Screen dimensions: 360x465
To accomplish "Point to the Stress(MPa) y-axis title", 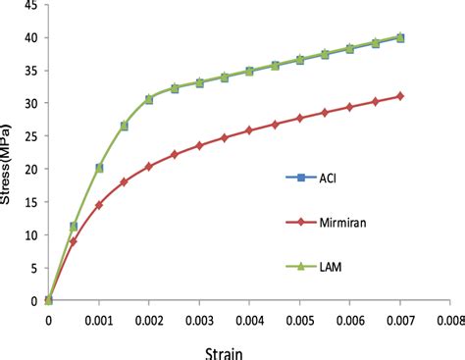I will point(9,155).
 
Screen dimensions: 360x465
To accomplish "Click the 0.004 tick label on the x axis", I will point(249,319).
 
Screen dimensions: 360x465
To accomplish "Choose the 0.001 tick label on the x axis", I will point(99,319).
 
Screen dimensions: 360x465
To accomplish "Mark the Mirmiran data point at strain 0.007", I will point(399,96).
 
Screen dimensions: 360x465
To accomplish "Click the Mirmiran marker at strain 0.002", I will point(149,167).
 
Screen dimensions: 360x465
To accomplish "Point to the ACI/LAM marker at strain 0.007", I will point(399,38).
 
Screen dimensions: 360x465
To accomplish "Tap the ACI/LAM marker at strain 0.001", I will point(99,168).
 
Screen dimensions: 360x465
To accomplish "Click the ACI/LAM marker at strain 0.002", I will point(149,99).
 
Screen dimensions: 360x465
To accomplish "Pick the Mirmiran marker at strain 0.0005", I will point(74,241).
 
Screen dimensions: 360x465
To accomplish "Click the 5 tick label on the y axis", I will point(34,268).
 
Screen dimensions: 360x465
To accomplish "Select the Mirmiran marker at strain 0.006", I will point(349,106).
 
